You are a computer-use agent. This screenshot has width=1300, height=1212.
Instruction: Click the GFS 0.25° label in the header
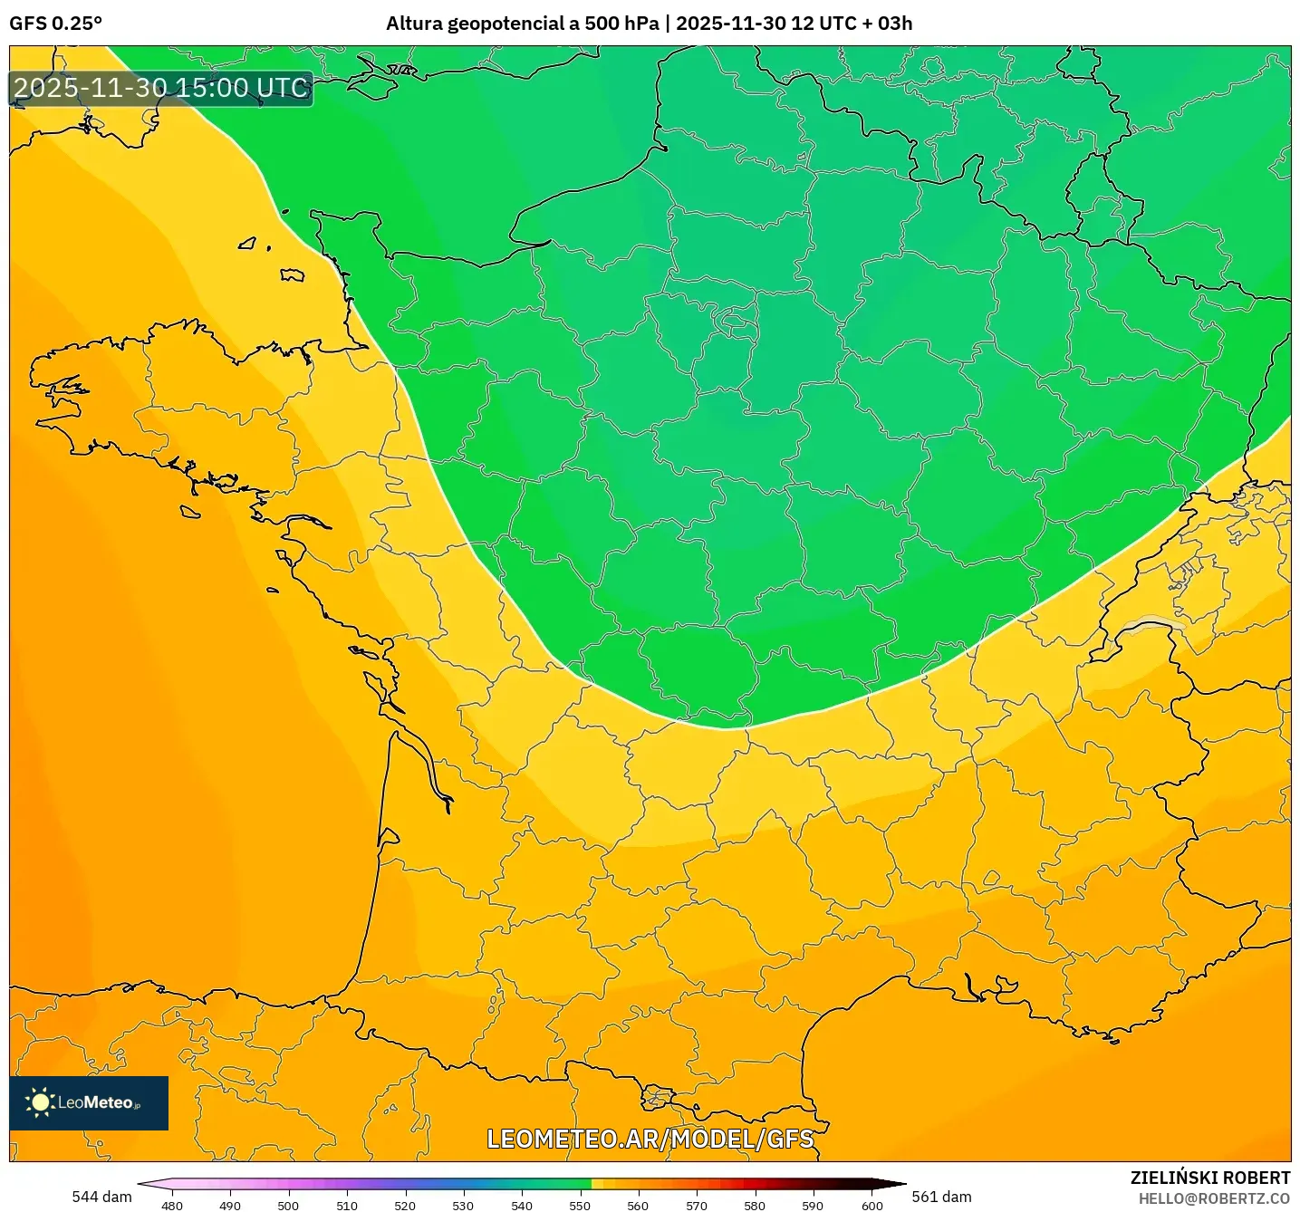pyautogui.click(x=55, y=24)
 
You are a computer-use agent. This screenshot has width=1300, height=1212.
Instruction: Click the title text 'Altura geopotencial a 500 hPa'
pyautogui.click(x=522, y=24)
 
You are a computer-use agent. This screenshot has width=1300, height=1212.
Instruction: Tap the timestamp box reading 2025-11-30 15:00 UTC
pyautogui.click(x=161, y=88)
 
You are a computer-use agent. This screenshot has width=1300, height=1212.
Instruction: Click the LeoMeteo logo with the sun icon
pyautogui.click(x=89, y=1102)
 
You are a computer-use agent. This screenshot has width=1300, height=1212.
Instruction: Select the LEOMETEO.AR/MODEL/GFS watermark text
pyautogui.click(x=650, y=1139)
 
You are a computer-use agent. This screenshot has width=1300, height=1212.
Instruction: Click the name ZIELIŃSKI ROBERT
pyautogui.click(x=1209, y=1178)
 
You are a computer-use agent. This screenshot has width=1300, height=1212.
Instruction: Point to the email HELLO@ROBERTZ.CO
pyautogui.click(x=1213, y=1198)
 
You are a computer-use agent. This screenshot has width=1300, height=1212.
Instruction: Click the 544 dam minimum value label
pyautogui.click(x=101, y=1197)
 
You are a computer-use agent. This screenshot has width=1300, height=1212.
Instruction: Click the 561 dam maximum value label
pyautogui.click(x=941, y=1197)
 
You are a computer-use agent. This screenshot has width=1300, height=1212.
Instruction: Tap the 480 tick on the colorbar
pyautogui.click(x=172, y=1205)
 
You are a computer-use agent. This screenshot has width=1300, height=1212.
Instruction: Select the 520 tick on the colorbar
pyautogui.click(x=405, y=1205)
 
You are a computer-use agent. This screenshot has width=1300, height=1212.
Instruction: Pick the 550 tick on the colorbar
pyautogui.click(x=580, y=1205)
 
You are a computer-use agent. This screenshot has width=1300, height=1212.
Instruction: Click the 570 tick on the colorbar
pyautogui.click(x=697, y=1205)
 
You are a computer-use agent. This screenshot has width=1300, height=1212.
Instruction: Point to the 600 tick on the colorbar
pyautogui.click(x=871, y=1205)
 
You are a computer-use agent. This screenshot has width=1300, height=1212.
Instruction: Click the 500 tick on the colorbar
pyautogui.click(x=288, y=1205)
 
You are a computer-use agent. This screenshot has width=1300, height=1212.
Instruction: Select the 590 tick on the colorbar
pyautogui.click(x=813, y=1205)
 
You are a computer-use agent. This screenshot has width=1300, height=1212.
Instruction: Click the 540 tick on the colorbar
pyautogui.click(x=522, y=1205)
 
